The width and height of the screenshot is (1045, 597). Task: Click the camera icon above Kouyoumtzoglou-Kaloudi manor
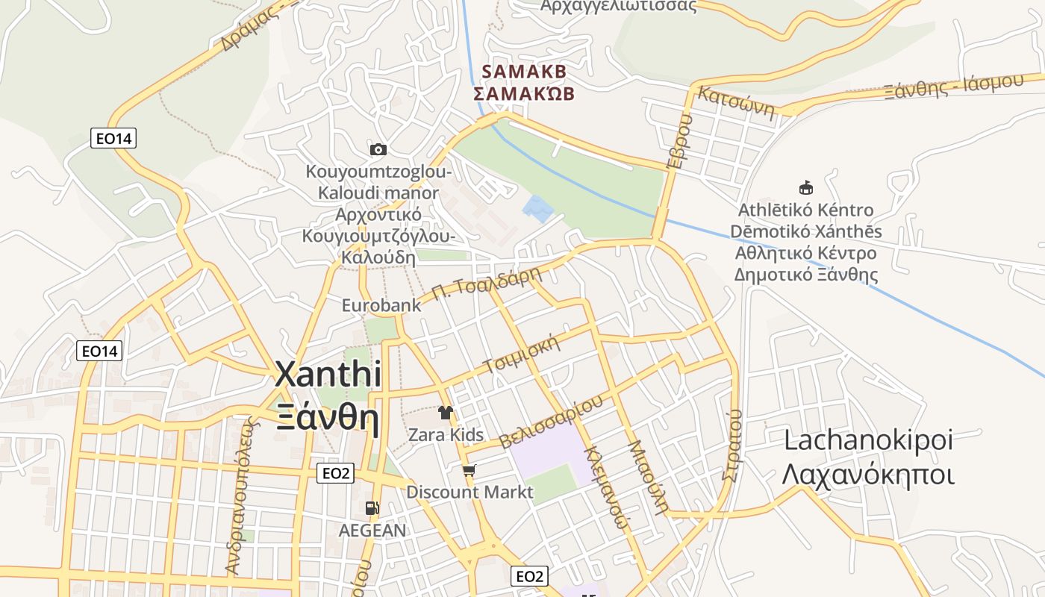378,149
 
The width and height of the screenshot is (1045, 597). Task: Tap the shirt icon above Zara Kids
446,412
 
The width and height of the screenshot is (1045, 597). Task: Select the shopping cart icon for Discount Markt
469,470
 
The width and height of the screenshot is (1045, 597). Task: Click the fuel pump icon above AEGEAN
372,508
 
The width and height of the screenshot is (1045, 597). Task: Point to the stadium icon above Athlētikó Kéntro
805,187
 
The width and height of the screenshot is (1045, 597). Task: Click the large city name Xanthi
328,374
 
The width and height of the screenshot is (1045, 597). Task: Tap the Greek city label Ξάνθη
328,419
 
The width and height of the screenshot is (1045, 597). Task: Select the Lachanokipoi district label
868,440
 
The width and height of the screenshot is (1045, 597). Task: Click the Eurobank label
381,305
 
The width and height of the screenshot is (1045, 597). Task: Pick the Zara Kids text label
446,434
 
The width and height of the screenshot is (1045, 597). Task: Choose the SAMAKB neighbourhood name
525,72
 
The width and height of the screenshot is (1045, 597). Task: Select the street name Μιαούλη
647,478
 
